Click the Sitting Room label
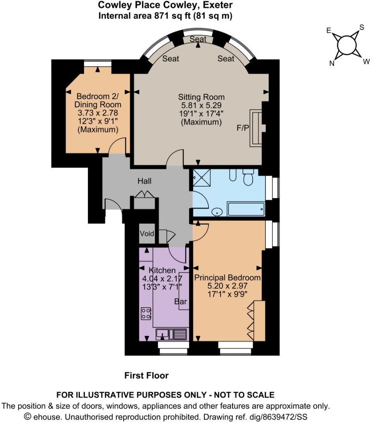(x=201, y=97)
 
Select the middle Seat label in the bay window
(x=198, y=39)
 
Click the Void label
(x=147, y=234)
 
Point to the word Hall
(x=145, y=181)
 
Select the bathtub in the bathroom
(x=246, y=209)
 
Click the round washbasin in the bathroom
(x=218, y=211)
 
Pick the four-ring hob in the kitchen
(x=146, y=313)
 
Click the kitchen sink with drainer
(x=172, y=334)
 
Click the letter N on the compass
(x=332, y=64)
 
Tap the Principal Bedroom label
(x=227, y=278)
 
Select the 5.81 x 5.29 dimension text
(x=201, y=105)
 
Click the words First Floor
(x=146, y=375)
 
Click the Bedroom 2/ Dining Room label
(x=98, y=100)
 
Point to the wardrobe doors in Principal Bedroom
(x=252, y=320)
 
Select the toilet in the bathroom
(x=247, y=178)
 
